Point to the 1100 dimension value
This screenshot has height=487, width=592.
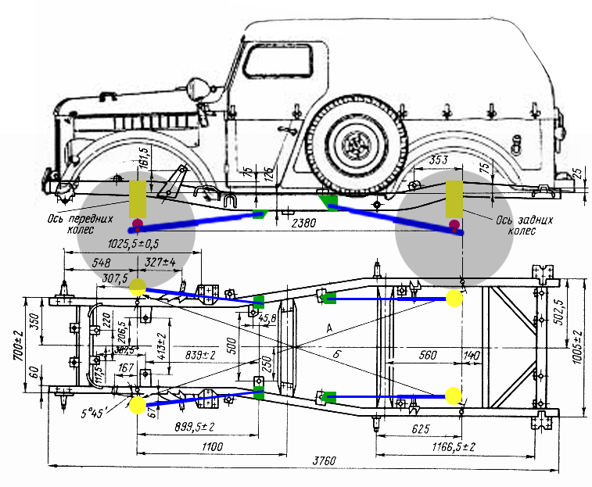click(x=212, y=446)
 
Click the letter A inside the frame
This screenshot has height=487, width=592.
click(x=331, y=326)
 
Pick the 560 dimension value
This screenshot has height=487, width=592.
click(x=427, y=354)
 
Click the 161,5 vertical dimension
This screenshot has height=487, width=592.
click(x=143, y=159)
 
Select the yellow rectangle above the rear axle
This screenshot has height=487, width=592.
click(x=453, y=199)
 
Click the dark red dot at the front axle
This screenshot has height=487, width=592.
click(x=138, y=225)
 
